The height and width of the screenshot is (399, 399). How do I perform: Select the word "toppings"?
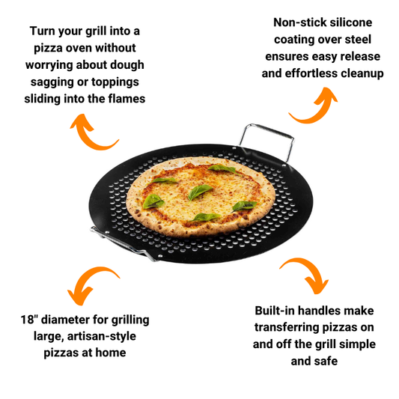113,81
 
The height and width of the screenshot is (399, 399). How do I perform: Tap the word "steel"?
359,40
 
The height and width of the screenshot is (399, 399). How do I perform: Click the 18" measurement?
29,320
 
